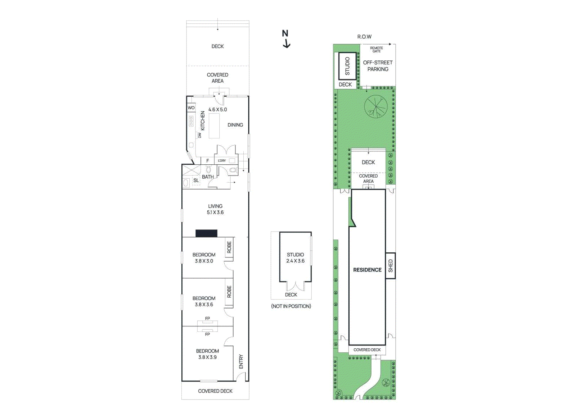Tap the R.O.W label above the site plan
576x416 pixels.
(364, 37)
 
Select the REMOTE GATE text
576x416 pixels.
(377, 50)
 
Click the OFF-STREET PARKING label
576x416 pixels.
(378, 66)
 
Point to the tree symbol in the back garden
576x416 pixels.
(375, 107)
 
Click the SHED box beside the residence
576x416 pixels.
(390, 266)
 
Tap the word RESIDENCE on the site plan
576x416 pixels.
(367, 270)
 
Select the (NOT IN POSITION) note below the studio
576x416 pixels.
(291, 306)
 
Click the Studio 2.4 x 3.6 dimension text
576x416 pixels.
(295, 261)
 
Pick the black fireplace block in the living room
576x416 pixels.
(206, 233)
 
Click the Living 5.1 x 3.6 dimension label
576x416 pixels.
(215, 212)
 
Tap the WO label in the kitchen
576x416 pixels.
(191, 108)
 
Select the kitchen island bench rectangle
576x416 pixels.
(214, 126)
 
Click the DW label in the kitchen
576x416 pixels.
(199, 135)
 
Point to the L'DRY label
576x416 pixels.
(222, 161)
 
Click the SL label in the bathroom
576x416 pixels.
(196, 180)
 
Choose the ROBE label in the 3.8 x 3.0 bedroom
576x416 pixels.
(229, 247)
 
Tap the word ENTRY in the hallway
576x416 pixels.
(241, 361)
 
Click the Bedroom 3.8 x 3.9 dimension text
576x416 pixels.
(207, 357)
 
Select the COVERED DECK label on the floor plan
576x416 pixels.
(215, 391)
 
